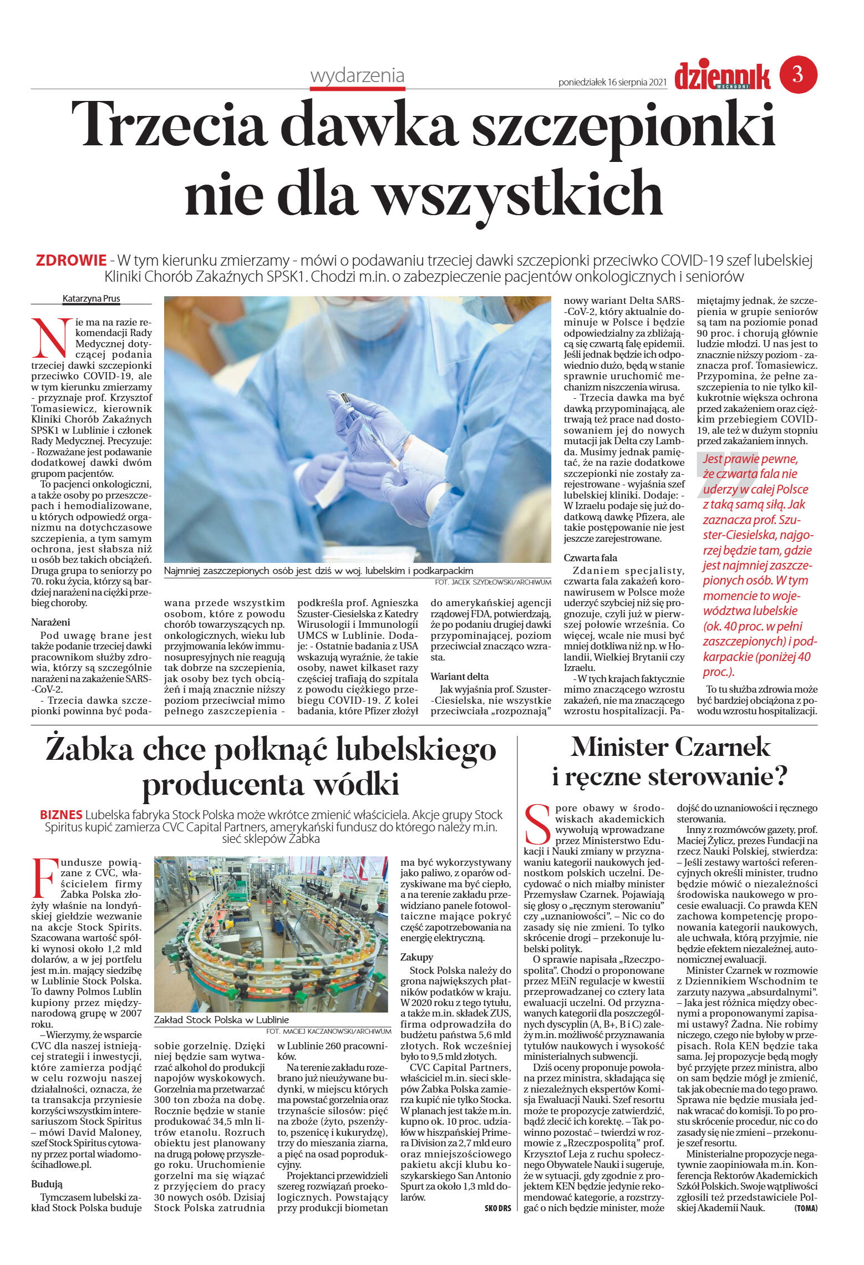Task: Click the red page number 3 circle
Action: point(798,74)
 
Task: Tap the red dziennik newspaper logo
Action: point(722,77)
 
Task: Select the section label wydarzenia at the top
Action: point(357,75)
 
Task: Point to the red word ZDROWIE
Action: point(71,260)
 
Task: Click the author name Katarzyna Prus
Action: point(91,299)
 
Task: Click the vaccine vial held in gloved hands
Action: point(345,400)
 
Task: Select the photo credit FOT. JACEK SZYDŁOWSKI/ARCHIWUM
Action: point(493,582)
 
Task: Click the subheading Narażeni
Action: point(50,622)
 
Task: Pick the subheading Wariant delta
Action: point(460,677)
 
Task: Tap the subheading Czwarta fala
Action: point(590,558)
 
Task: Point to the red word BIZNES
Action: point(61,815)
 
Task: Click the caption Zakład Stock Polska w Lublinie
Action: point(221,1019)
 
